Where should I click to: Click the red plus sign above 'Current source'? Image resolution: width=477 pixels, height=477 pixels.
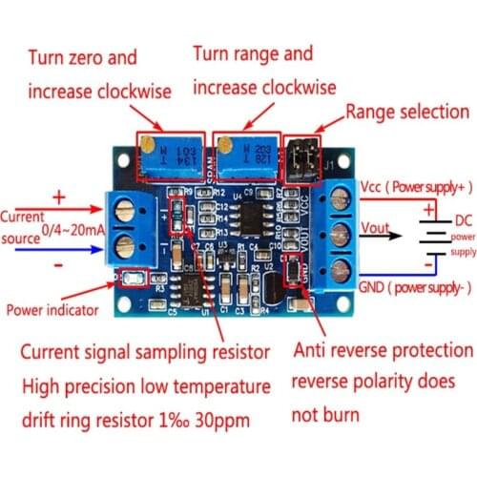click(56, 197)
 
